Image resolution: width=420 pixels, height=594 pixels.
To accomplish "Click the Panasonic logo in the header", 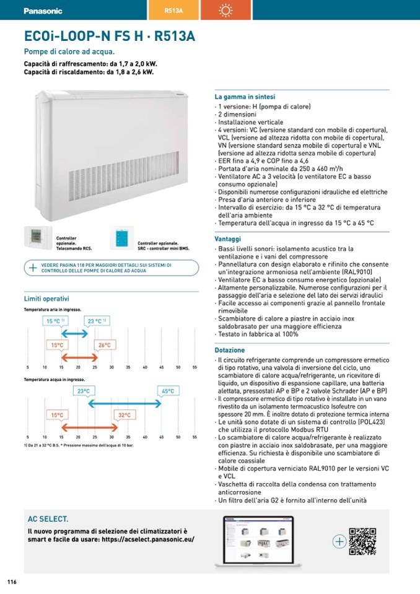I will pyautogui.click(x=43, y=11).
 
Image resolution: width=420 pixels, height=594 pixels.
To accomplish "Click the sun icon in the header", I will pyautogui.click(x=225, y=11).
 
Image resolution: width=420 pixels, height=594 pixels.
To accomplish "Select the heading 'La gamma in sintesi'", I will pyautogui.click(x=245, y=97).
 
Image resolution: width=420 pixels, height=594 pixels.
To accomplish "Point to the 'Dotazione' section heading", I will pyautogui.click(x=230, y=350).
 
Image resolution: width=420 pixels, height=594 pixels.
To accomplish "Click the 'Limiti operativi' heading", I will pyautogui.click(x=46, y=299).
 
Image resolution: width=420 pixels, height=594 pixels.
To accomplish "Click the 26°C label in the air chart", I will pyautogui.click(x=104, y=345).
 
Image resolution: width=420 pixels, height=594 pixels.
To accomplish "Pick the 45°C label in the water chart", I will pyautogui.click(x=168, y=391).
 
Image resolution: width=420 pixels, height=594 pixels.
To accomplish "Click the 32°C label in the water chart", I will pyautogui.click(x=125, y=415).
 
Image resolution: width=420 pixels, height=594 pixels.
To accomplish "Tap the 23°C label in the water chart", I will pyautogui.click(x=83, y=391).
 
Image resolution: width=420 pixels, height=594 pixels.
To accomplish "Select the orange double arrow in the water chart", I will pyautogui.click(x=90, y=427).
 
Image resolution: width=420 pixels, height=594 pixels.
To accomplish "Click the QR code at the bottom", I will pyautogui.click(x=362, y=541).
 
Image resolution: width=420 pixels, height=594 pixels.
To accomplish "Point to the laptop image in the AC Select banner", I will pyautogui.click(x=258, y=540).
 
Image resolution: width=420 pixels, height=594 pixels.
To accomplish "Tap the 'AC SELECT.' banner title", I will pyautogui.click(x=48, y=519).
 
